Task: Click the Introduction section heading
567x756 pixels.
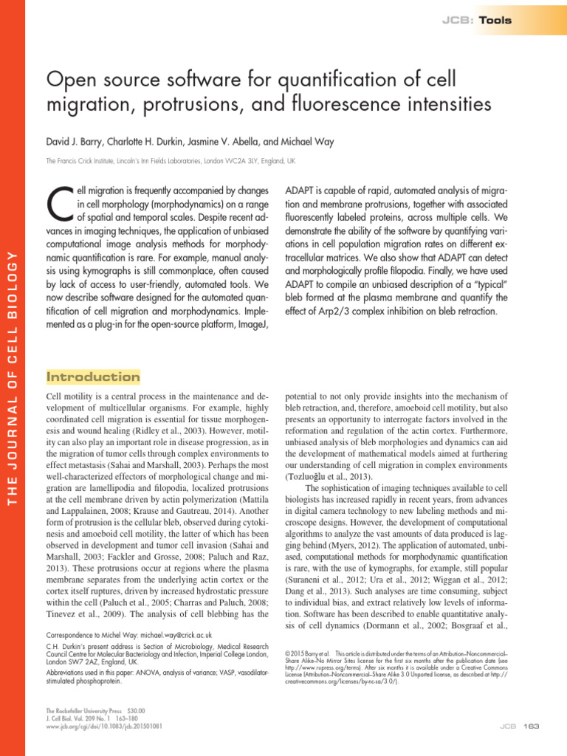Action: (93, 377)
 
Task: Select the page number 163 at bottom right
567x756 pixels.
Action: (532, 726)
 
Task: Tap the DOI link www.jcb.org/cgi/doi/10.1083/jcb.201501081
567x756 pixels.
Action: (104, 726)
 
